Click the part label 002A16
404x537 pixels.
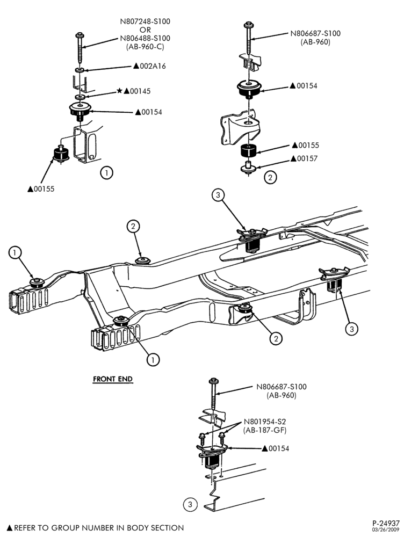[153, 66]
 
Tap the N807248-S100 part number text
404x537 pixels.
[145, 21]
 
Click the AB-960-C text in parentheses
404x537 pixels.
[145, 47]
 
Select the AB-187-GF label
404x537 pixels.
[264, 430]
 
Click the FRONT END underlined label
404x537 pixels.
[113, 379]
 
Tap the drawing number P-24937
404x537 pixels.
[386, 523]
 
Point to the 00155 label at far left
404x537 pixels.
[44, 189]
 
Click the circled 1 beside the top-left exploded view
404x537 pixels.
[106, 172]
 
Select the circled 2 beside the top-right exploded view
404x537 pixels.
[270, 177]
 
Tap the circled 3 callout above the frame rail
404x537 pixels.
[218, 195]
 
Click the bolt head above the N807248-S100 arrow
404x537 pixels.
[80, 35]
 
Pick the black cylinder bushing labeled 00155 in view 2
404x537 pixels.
[248, 150]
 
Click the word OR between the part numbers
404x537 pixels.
[145, 30]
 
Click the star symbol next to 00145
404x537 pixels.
[119, 91]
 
